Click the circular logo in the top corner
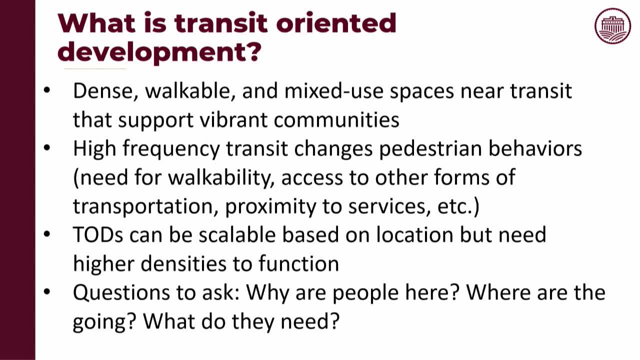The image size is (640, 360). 613,26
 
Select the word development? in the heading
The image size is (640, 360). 159,51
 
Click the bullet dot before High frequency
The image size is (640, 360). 47,149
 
